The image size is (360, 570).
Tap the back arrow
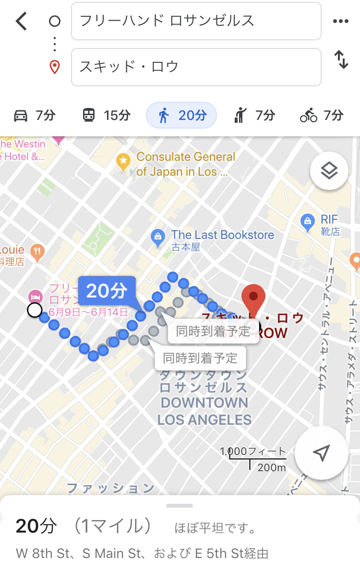[22, 22]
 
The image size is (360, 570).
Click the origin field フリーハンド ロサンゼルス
[196, 21]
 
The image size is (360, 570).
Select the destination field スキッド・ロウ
[196, 67]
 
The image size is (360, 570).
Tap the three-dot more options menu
[340, 22]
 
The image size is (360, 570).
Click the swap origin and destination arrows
[341, 60]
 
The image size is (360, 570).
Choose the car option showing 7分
[35, 116]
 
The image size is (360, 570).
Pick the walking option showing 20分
[181, 116]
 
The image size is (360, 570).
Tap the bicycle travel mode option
[322, 116]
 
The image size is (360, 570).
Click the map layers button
[329, 171]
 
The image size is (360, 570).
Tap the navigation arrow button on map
[321, 452]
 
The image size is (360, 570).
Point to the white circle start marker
[35, 310]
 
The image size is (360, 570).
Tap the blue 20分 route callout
[106, 291]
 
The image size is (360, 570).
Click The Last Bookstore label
[223, 235]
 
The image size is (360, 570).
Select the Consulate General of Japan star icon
[124, 162]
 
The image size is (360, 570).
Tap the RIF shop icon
[307, 221]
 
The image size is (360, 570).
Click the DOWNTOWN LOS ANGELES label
[204, 411]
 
